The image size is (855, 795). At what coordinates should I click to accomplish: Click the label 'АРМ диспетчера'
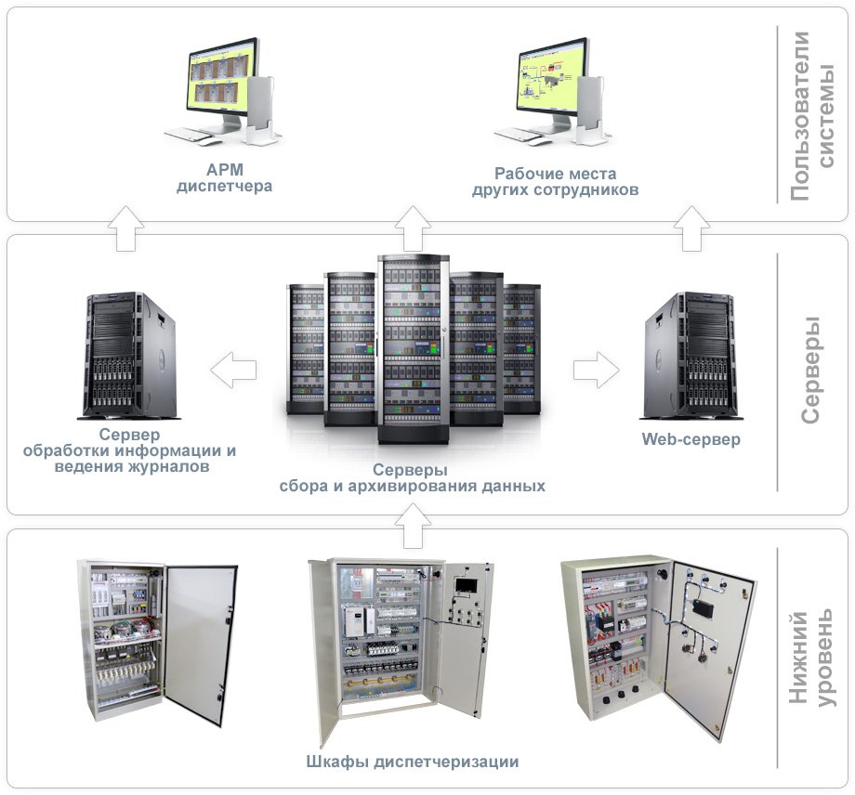coord(224,178)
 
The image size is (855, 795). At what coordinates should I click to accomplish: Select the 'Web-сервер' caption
coord(691,439)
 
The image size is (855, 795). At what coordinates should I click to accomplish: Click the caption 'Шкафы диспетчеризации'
coord(412,762)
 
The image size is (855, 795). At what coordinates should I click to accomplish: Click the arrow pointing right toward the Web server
coord(596,371)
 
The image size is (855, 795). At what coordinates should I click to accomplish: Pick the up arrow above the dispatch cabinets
coord(412,533)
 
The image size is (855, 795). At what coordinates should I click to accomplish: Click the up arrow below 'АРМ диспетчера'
coord(125,228)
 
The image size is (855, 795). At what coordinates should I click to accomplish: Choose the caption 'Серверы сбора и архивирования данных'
coord(412,478)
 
